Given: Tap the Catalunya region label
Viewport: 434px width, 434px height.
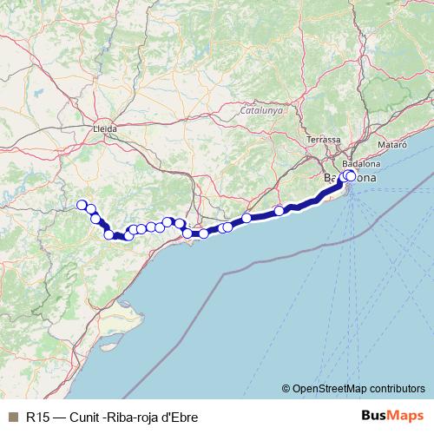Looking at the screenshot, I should [262, 110].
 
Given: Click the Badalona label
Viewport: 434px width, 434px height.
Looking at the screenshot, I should [362, 163].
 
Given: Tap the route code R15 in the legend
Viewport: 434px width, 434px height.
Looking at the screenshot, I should [36, 416].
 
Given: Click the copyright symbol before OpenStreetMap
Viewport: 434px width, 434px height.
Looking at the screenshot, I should [286, 388].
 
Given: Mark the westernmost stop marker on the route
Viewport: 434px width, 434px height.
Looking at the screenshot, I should [82, 205].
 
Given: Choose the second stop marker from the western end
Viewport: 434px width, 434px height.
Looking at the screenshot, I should [90, 210].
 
